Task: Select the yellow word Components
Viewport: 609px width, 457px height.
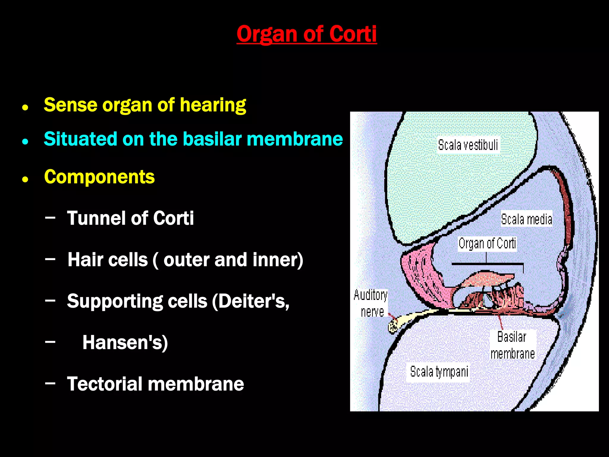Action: tap(99, 177)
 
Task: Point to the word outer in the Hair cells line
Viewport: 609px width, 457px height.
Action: tap(186, 260)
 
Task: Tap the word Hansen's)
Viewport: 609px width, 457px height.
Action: tap(125, 342)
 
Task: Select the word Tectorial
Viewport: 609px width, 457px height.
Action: tap(105, 384)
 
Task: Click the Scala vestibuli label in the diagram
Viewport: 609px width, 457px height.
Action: tap(468, 145)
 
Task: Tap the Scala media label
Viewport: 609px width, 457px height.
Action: tap(526, 219)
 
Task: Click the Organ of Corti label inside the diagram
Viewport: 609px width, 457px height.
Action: tap(487, 244)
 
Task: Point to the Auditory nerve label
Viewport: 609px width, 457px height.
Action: tap(371, 303)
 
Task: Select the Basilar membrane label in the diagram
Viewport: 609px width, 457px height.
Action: tap(512, 345)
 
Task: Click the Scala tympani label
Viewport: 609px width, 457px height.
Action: tap(439, 372)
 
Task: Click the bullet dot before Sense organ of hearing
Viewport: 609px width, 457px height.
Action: tap(25, 107)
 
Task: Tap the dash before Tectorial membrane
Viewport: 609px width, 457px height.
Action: tap(50, 384)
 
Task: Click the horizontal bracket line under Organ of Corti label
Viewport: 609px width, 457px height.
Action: tap(488, 264)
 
